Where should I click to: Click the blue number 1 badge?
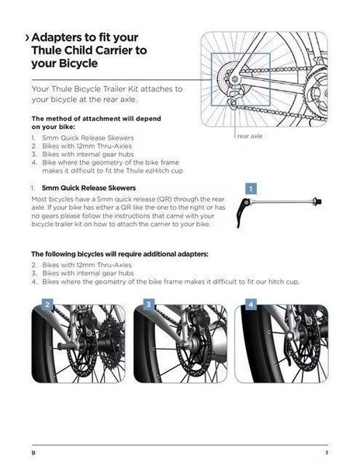(251, 189)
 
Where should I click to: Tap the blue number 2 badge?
(47, 304)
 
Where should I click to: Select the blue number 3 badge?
(149, 304)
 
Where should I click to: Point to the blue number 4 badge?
(251, 304)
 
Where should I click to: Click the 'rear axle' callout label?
(250, 136)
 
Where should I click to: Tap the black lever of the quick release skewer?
(241, 211)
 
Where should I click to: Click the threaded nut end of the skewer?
(317, 201)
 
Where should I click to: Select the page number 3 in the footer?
(327, 452)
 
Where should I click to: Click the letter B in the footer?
(33, 453)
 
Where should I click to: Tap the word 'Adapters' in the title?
(56, 37)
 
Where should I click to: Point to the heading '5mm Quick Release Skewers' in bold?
(88, 188)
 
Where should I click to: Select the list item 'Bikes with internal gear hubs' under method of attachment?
(88, 155)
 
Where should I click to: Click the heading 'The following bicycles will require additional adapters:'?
(120, 254)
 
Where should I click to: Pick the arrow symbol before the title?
(27, 38)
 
